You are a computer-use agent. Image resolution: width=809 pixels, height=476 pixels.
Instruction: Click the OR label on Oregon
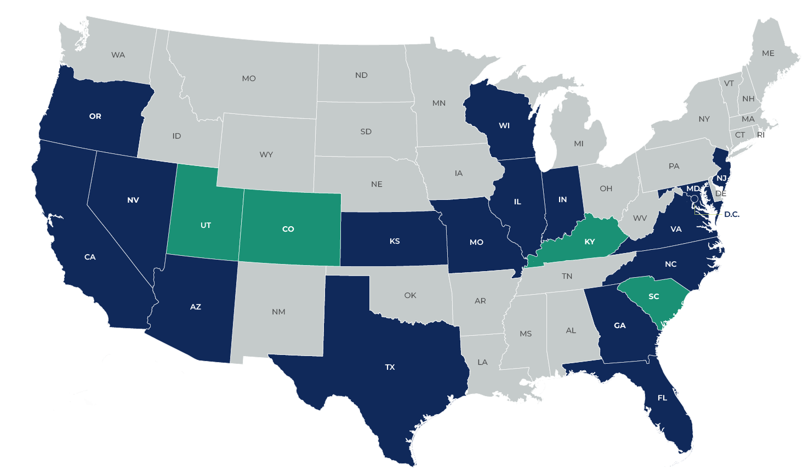[95, 116]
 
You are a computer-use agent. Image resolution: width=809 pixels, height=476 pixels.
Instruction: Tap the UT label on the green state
[206, 225]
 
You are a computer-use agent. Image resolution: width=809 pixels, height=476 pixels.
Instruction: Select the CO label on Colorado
[288, 229]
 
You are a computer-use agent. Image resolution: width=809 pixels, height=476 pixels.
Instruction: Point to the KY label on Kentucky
[590, 242]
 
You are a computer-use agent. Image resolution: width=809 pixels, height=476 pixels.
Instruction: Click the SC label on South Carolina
[654, 296]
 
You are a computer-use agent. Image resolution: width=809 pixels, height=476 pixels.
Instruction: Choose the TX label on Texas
[390, 367]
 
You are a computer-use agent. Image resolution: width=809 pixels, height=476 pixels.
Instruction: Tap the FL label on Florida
[663, 398]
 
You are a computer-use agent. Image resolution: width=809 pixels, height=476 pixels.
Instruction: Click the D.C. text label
[732, 214]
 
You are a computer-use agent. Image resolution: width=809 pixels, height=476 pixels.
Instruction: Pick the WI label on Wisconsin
[504, 125]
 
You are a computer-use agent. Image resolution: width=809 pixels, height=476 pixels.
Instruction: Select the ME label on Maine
[768, 53]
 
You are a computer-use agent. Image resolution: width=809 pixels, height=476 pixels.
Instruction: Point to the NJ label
[721, 178]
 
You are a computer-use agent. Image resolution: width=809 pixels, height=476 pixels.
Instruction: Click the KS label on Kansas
[395, 241]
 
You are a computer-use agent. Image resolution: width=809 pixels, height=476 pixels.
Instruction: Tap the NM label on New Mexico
[278, 312]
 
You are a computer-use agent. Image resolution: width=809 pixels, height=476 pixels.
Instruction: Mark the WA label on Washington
[118, 55]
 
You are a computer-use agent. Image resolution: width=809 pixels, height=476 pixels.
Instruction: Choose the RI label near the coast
[761, 135]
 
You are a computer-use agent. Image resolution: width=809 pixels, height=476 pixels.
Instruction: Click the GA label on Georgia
[620, 325]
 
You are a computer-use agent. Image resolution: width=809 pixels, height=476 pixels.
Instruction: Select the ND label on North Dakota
[361, 75]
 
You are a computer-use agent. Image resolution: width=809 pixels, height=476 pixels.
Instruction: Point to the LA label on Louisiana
[482, 362]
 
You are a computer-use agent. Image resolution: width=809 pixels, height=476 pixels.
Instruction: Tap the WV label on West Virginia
[640, 218]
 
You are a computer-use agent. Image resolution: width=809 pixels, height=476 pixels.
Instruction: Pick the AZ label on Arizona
[196, 307]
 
